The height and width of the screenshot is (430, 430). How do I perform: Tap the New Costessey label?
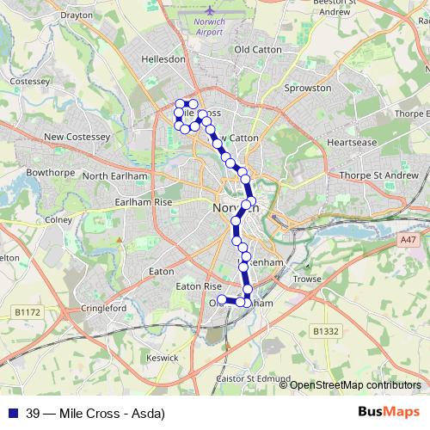[77, 137]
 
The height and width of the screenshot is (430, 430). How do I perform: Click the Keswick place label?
[162, 356]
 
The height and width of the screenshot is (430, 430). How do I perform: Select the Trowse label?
[307, 279]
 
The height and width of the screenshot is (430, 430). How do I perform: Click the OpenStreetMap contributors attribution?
[355, 384]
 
